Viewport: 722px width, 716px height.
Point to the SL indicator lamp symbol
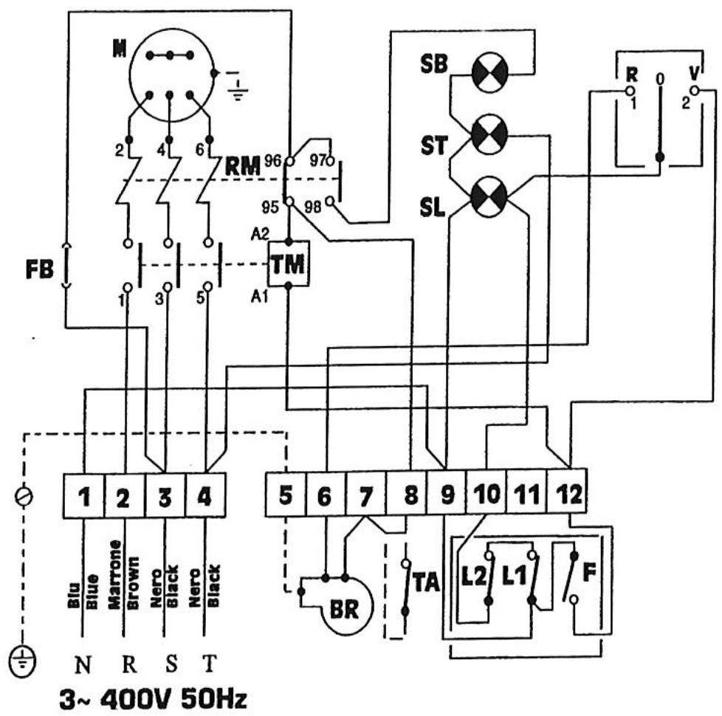point(489,196)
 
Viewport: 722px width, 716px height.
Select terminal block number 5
point(284,489)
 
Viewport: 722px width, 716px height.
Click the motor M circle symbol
point(171,74)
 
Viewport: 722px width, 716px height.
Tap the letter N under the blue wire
point(83,664)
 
